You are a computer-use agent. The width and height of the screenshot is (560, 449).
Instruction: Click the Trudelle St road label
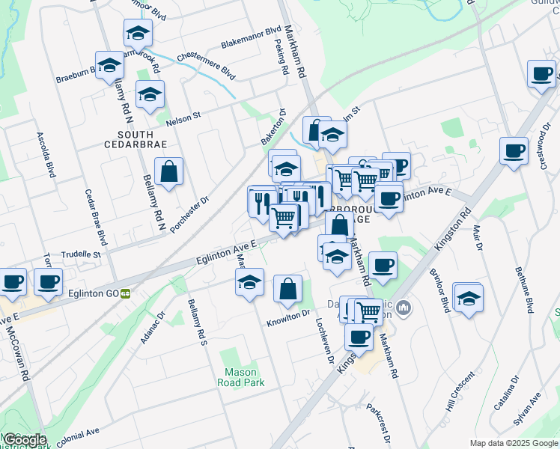pos(80,254)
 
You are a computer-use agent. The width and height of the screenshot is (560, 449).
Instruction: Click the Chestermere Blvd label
pos(206,66)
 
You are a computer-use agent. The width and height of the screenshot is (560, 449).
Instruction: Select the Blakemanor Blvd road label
pos(242,41)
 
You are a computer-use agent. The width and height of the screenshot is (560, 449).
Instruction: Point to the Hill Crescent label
pos(460,391)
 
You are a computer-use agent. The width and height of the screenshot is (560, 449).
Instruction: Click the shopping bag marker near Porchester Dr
pos(169,172)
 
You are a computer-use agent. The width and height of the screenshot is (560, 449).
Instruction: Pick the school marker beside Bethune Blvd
pos(468,299)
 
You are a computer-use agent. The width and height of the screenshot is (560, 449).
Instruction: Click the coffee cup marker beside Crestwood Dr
pos(514,150)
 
